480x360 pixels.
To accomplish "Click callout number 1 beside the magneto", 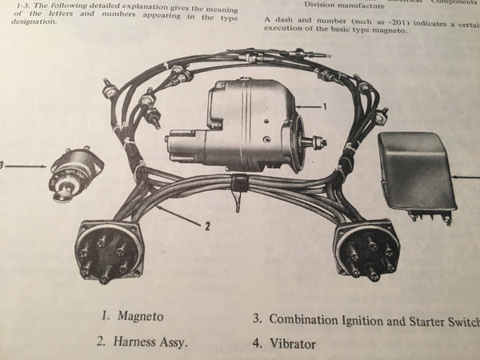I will tap(324, 106).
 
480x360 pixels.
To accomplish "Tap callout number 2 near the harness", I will tap(206, 226).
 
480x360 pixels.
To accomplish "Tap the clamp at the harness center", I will tap(237, 186).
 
